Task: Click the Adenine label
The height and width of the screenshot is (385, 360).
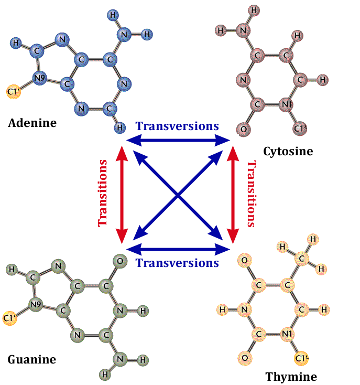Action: point(32,123)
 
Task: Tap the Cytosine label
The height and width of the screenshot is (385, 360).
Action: point(288,152)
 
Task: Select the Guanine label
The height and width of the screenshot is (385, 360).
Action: point(32,360)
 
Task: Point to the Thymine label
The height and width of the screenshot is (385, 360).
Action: point(291,377)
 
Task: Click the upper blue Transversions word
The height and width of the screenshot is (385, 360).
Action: point(177,126)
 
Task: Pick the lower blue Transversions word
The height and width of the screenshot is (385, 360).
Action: point(177,263)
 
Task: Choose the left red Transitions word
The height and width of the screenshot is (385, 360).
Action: point(103,193)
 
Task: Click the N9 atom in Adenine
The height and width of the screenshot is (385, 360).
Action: point(39,79)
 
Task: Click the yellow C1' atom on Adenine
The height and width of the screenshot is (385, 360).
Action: point(14,92)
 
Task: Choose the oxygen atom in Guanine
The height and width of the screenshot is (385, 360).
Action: point(120,261)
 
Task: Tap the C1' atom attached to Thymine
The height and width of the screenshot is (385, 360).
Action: point(301,358)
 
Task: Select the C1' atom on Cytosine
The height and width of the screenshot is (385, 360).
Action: point(300,128)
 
